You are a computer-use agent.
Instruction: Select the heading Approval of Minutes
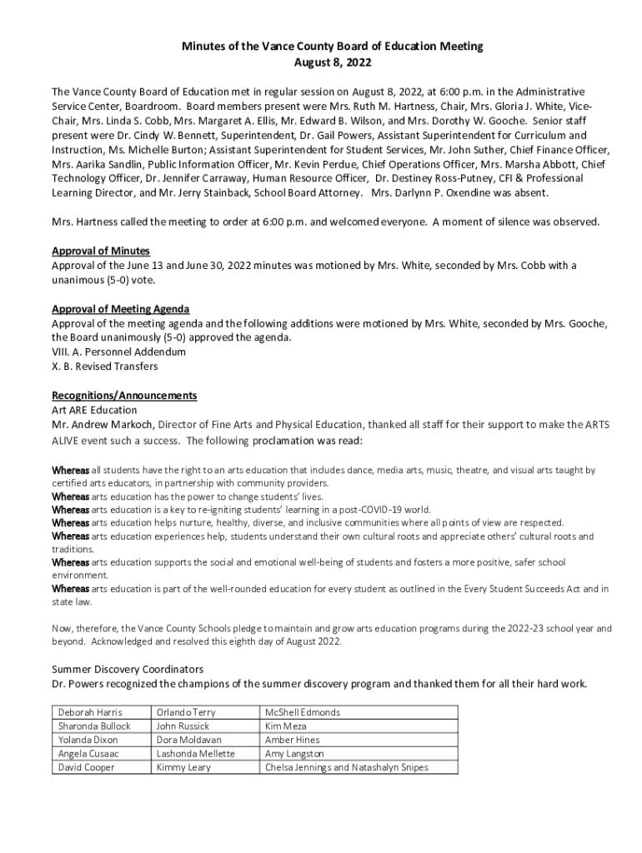(101, 251)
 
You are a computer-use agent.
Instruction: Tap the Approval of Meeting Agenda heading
(120, 309)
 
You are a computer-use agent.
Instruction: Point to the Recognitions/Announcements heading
(124, 396)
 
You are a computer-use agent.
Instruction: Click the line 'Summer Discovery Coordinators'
(128, 669)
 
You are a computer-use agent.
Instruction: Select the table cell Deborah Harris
(89, 713)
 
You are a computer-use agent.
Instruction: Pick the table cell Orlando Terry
(185, 713)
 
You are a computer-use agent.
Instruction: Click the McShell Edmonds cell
(303, 713)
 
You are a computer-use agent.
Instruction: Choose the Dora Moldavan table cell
(188, 740)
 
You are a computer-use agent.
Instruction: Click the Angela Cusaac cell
(88, 754)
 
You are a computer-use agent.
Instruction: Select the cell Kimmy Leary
(183, 767)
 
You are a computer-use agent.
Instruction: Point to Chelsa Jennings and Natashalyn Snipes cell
(346, 767)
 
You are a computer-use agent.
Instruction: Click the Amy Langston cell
(294, 754)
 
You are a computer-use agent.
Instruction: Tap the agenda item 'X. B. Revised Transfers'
(104, 367)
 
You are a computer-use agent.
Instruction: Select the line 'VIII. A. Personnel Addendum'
(118, 352)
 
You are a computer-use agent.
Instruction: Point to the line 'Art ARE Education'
(94, 410)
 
